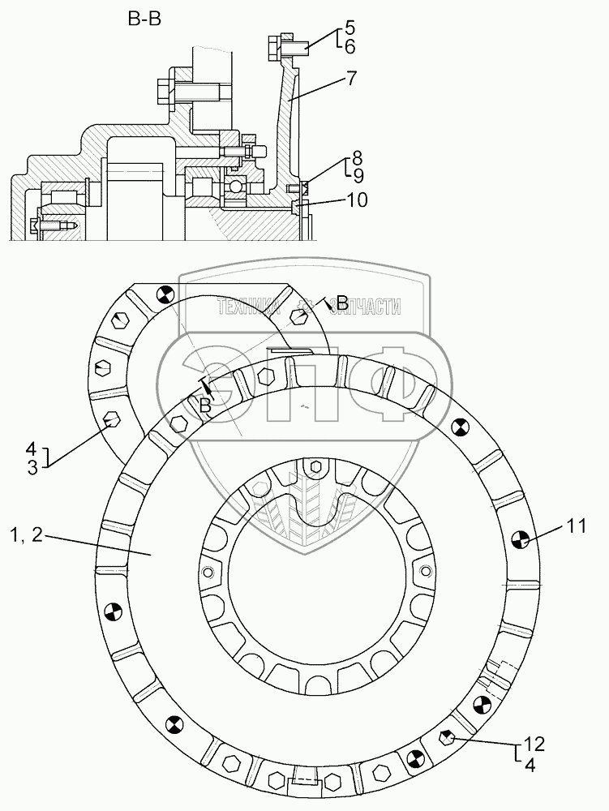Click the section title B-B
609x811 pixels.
pyautogui.click(x=144, y=19)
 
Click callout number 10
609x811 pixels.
pyautogui.click(x=357, y=200)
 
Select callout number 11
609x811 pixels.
pyautogui.click(x=576, y=526)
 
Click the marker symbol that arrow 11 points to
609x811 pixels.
pyautogui.click(x=521, y=538)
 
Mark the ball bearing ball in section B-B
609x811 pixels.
pyautogui.click(x=236, y=187)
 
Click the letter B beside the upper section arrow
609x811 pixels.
pyautogui.click(x=342, y=304)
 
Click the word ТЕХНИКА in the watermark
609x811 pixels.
pyautogui.click(x=248, y=306)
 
